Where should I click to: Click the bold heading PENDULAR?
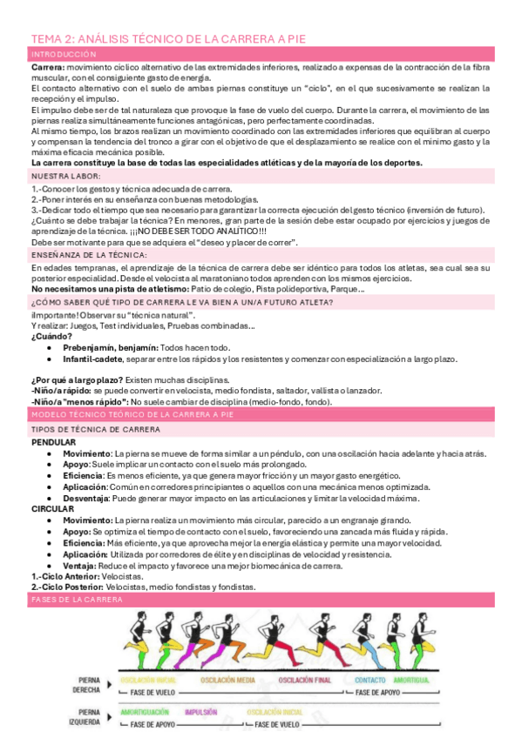53,442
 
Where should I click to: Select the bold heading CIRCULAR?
51,508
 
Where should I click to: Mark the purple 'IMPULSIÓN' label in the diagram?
201,711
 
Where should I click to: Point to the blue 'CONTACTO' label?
369,679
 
